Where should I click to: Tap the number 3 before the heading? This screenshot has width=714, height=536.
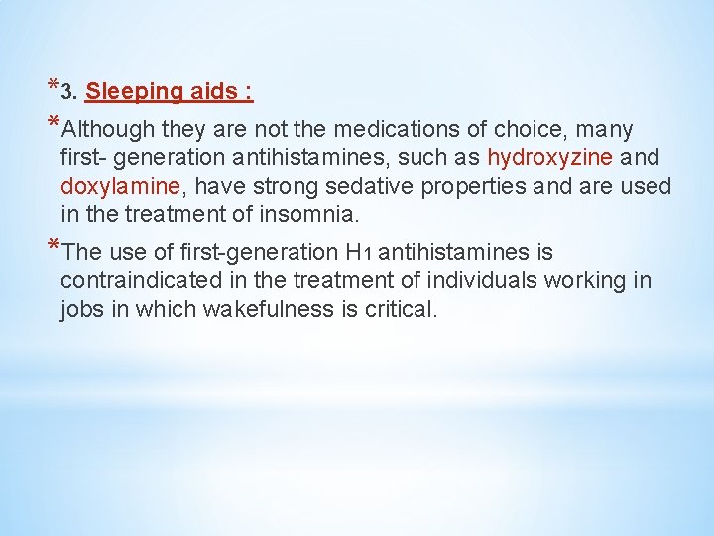pos(65,93)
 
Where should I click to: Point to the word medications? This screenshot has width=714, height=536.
pos(396,130)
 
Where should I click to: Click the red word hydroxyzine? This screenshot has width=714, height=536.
pos(550,158)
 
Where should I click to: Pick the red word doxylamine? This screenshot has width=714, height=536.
pos(106,186)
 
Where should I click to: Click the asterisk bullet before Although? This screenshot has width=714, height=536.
pos(52,124)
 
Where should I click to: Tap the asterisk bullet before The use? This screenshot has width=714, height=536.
pos(52,247)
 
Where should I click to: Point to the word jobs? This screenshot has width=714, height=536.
pos(82,309)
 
